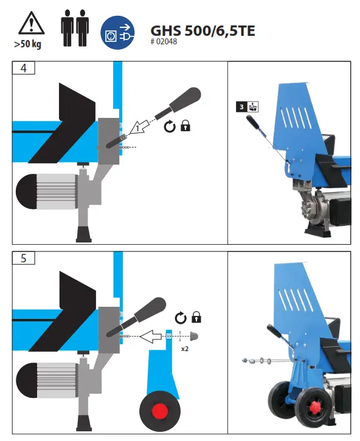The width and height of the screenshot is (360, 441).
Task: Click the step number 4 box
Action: tap(23, 68)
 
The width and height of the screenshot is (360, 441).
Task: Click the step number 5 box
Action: tap(23, 258)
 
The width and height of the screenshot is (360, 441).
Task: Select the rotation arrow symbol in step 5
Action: tap(180, 318)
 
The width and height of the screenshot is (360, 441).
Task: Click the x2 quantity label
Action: tap(185, 350)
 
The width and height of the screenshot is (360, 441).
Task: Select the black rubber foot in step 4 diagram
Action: tap(81, 232)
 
